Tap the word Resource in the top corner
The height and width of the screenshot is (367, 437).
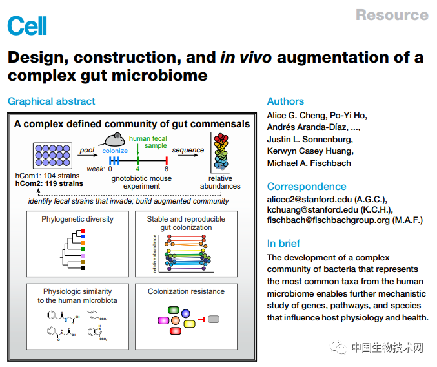[x=392, y=15]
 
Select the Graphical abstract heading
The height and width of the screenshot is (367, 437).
[x=51, y=101]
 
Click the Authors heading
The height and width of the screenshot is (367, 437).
[x=285, y=101]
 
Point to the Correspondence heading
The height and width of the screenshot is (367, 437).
[x=307, y=187]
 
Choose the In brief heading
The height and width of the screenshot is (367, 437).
[x=283, y=244]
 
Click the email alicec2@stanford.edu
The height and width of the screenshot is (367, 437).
[x=309, y=200]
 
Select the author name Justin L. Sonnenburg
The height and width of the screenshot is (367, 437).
[x=310, y=140]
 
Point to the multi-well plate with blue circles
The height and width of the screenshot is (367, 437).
[x=51, y=157]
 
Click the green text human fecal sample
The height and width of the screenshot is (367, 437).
[x=148, y=142]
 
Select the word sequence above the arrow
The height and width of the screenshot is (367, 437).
[x=188, y=151]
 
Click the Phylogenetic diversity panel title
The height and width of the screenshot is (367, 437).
[x=77, y=219]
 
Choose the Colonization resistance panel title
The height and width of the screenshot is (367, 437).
[x=186, y=291]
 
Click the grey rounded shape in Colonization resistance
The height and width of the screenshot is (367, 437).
[x=214, y=319]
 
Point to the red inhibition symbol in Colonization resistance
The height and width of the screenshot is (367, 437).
[x=201, y=319]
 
